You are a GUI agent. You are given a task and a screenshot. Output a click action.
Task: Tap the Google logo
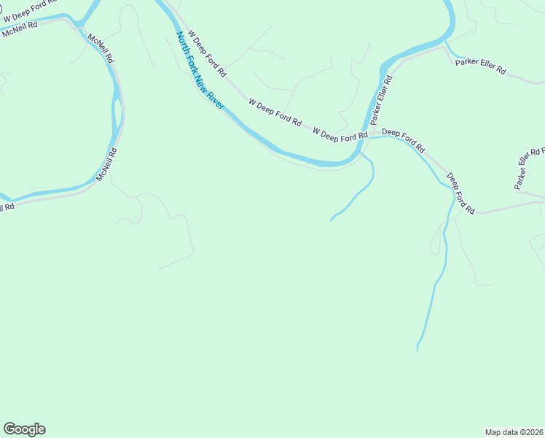(24, 429)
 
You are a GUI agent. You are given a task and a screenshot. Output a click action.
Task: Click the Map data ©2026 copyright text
(514, 431)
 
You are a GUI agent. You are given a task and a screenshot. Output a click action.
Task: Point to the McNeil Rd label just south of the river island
(107, 164)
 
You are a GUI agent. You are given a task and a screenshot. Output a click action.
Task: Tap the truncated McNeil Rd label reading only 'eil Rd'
(7, 208)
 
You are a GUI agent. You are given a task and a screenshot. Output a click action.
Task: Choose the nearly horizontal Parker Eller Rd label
(481, 66)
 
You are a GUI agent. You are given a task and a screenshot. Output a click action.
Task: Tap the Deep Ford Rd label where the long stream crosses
(460, 193)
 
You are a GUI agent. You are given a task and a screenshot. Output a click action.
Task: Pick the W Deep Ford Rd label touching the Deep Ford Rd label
(340, 134)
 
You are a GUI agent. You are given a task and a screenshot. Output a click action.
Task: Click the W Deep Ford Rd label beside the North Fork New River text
(208, 53)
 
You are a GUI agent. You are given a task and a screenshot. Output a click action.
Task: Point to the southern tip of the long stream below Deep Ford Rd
(417, 350)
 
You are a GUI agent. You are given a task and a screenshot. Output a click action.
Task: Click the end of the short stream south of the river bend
(332, 220)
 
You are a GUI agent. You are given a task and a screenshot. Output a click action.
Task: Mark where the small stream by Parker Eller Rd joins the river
(446, 45)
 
